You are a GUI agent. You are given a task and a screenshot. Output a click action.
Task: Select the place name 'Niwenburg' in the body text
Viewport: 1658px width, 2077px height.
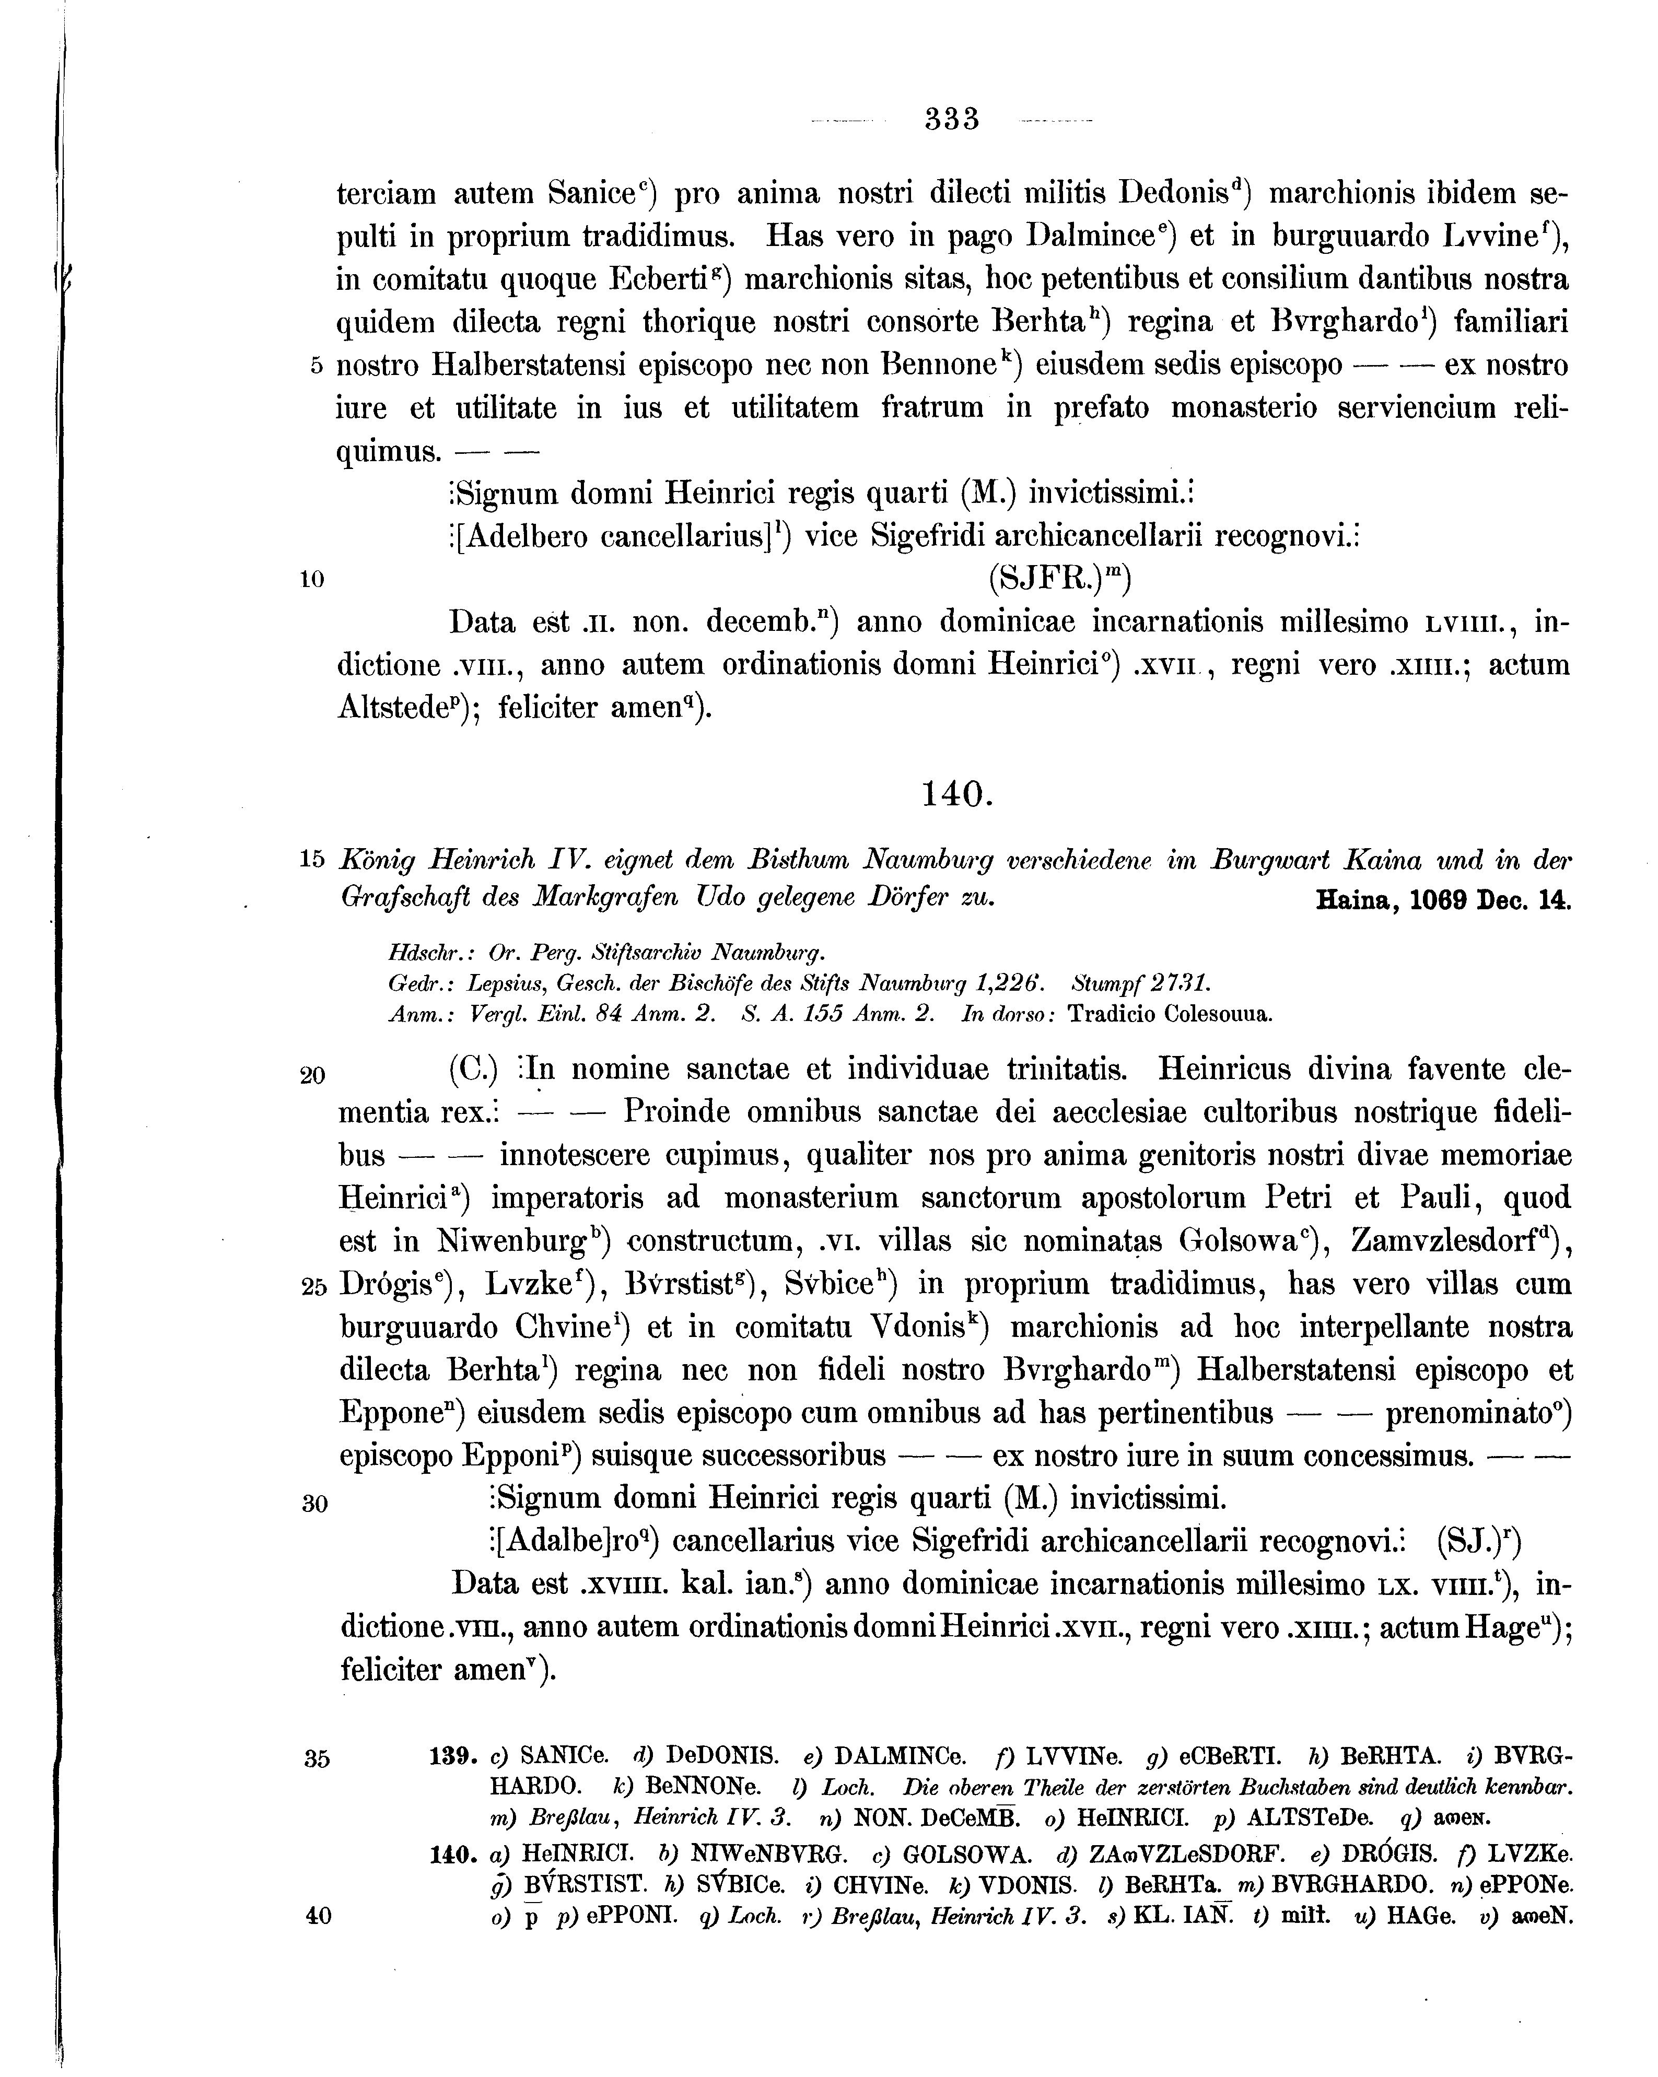click(x=510, y=1241)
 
